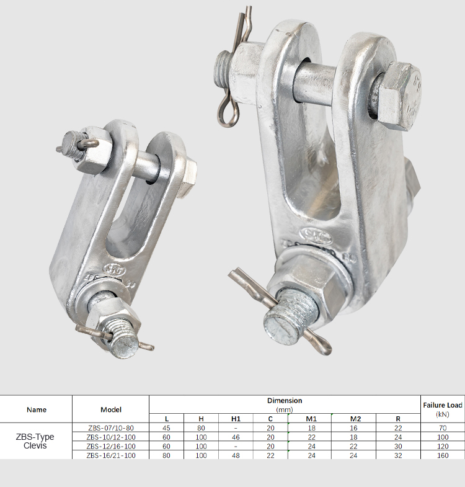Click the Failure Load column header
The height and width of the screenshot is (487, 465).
pyautogui.click(x=442, y=409)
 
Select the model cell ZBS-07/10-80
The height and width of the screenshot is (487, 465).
pyautogui.click(x=111, y=428)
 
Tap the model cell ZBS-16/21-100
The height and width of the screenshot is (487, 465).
pyautogui.click(x=111, y=455)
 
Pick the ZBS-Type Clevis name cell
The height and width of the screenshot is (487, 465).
pyautogui.click(x=35, y=441)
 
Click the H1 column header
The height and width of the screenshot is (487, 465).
pyautogui.click(x=236, y=419)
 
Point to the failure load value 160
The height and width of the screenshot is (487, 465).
pyautogui.click(x=443, y=455)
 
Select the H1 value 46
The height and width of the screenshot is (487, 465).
pyautogui.click(x=236, y=437)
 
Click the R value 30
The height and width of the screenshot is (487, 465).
pyautogui.click(x=398, y=446)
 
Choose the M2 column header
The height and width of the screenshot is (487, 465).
pyautogui.click(x=355, y=419)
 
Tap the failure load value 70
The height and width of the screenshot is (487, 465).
pyautogui.click(x=443, y=428)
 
